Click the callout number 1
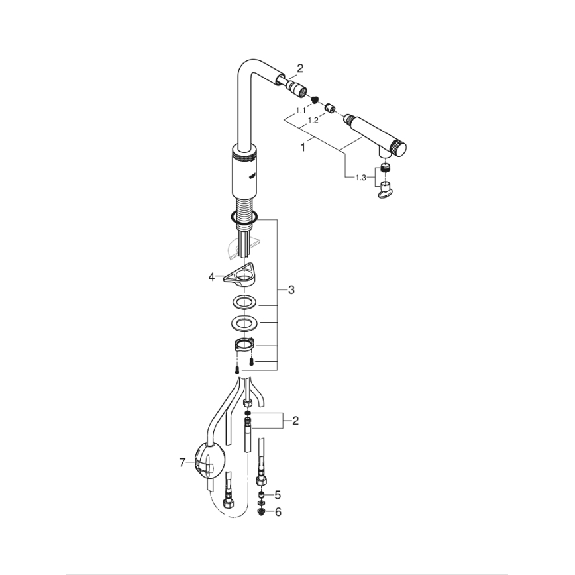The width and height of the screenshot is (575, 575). [303, 148]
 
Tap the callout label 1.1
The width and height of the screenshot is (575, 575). [300, 110]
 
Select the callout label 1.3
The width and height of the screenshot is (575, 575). [360, 177]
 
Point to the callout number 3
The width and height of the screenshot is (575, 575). [291, 290]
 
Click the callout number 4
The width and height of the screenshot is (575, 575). [211, 276]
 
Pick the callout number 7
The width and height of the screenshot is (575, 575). [182, 464]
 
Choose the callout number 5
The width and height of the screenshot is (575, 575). [278, 494]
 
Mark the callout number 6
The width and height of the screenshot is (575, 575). [278, 511]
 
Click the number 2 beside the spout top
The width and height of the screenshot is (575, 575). [299, 68]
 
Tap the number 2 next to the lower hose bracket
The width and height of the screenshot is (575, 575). [295, 420]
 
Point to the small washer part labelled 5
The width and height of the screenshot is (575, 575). [262, 495]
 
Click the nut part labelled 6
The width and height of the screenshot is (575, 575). [262, 511]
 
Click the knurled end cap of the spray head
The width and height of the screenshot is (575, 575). [398, 148]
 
